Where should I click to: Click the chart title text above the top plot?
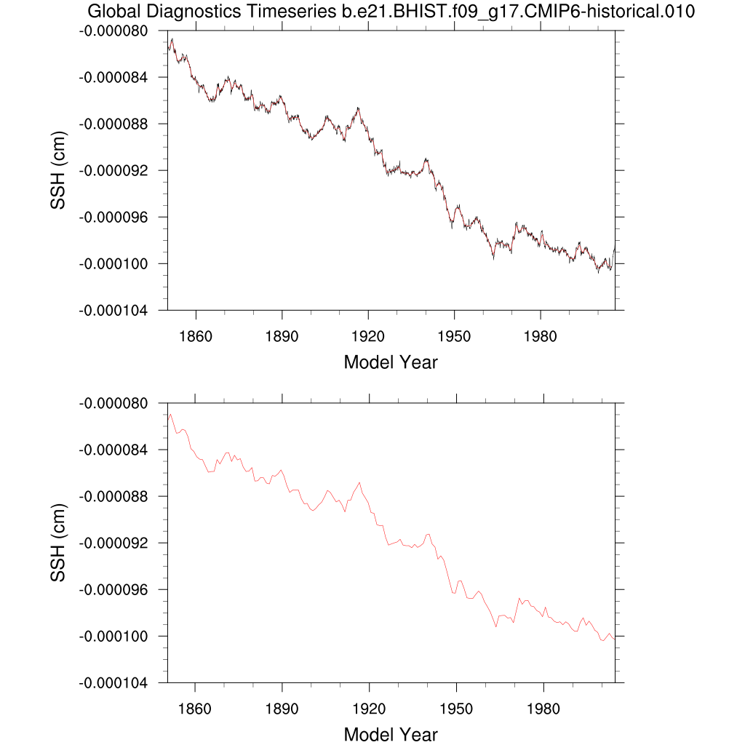point(391,12)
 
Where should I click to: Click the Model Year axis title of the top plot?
point(391,362)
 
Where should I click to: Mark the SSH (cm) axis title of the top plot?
point(58,170)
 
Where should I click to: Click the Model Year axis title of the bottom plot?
point(391,734)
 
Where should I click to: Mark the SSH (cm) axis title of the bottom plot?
point(58,543)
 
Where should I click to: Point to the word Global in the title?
point(111,12)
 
